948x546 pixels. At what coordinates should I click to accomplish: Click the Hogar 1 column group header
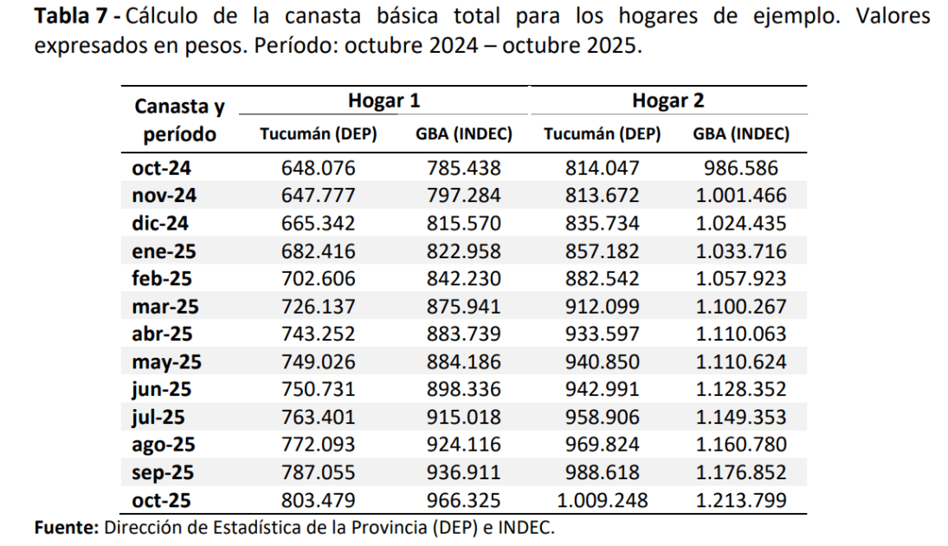point(384,101)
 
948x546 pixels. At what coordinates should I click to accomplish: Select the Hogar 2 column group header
point(667,101)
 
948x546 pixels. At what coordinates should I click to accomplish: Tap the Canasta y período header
point(179,120)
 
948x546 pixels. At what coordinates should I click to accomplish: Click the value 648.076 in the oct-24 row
point(319,168)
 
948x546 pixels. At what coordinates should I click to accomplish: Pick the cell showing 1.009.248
point(603,500)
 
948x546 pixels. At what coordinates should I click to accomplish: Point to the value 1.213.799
point(741,500)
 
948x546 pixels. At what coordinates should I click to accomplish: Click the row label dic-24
point(160,224)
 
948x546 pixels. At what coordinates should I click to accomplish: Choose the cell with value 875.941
point(464,307)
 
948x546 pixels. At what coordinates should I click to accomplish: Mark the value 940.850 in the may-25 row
point(603,362)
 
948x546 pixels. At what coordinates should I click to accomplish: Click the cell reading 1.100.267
point(741,307)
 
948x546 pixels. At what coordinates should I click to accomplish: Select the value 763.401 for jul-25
point(319,418)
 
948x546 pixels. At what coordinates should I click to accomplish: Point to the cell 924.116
point(464,445)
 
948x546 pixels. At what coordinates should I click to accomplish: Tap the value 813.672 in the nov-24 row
point(603,196)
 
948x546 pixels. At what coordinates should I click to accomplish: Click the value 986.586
point(741,168)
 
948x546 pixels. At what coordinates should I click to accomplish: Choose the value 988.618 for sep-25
point(603,472)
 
